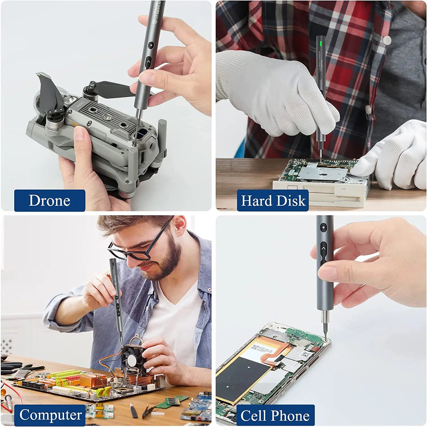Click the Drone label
[x=49, y=201]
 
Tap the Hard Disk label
[x=273, y=201]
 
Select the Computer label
[x=50, y=415]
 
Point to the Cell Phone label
[x=275, y=415]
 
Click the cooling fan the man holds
[x=132, y=359]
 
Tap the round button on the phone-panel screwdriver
[x=323, y=228]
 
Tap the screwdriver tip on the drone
[x=135, y=142]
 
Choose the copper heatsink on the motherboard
[x=94, y=380]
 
